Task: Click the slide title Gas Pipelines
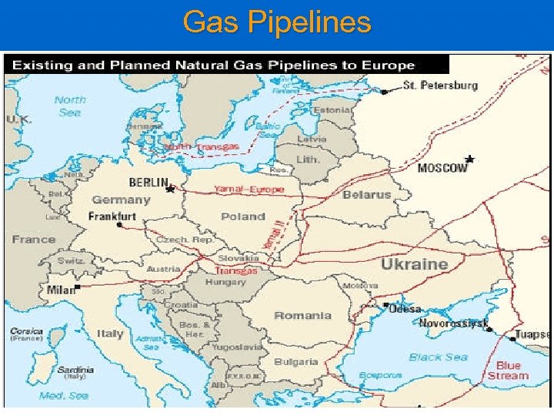[277, 22]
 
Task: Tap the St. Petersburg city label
[441, 86]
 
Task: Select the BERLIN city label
[148, 183]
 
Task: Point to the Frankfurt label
[112, 216]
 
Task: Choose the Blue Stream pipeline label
[508, 371]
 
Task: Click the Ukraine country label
[414, 264]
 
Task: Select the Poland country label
[243, 216]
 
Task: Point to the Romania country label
[302, 315]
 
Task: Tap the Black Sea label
[438, 357]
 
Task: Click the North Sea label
[70, 106]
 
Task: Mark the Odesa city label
[405, 309]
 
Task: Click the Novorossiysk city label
[453, 324]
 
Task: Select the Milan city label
[60, 290]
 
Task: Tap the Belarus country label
[366, 195]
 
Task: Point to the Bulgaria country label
[295, 361]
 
